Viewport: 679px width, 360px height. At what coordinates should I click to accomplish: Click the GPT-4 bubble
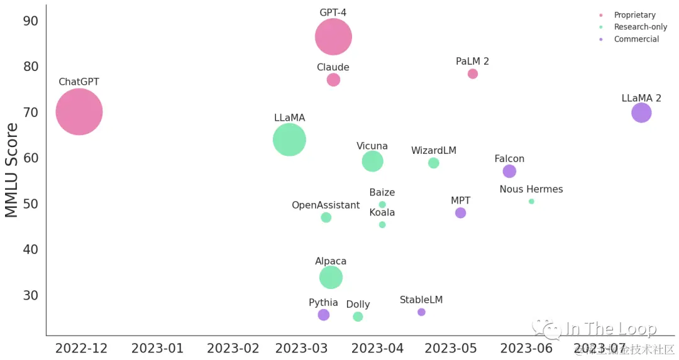333,37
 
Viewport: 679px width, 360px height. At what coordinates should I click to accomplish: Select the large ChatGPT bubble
79,112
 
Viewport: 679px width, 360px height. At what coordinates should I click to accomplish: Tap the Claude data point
333,80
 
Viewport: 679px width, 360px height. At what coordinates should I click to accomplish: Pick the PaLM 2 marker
473,74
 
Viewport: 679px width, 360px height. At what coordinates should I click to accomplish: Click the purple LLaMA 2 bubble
641,113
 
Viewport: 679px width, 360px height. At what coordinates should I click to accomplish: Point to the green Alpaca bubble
331,277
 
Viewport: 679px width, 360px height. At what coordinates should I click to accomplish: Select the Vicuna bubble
373,161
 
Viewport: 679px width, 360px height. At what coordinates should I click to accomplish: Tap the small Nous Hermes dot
531,202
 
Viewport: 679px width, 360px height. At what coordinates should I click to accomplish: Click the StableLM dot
421,312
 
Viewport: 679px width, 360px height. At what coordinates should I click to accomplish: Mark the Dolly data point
358,317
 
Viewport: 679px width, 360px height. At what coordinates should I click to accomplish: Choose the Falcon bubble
509,171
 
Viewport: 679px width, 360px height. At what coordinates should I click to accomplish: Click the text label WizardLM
434,151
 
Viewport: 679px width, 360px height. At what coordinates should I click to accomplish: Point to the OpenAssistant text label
326,205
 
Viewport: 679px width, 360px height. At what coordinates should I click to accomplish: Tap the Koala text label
382,212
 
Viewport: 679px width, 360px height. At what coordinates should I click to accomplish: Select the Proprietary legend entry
634,15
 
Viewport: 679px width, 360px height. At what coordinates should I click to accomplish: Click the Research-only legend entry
640,27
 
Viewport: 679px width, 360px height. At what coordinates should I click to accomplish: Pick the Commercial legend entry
636,39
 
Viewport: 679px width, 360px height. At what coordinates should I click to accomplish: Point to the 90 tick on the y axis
31,21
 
